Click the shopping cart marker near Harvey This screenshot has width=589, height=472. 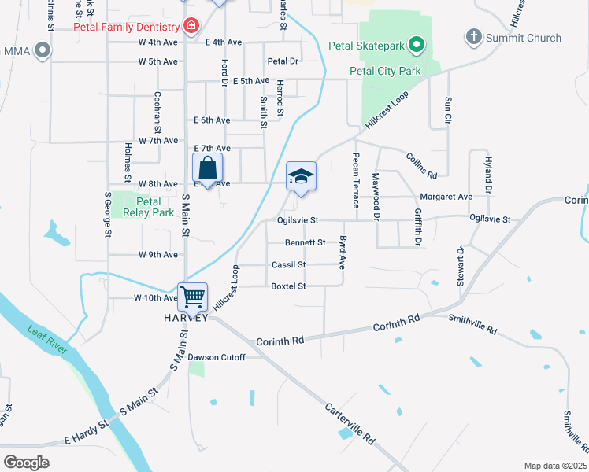193,297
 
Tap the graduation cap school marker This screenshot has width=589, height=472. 301,176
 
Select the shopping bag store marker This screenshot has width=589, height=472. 207,168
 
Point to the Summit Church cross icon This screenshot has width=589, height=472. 473,37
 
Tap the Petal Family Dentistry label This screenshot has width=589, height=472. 127,26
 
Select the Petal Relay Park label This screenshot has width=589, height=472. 142,206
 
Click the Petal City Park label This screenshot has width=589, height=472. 385,71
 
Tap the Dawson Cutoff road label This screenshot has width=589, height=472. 217,357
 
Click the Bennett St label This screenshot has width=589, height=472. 305,242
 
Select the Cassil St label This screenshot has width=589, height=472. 288,265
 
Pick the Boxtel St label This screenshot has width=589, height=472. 288,286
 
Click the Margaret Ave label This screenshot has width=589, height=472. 446,197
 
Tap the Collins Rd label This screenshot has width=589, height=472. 422,165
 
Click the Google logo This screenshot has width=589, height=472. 26,462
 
